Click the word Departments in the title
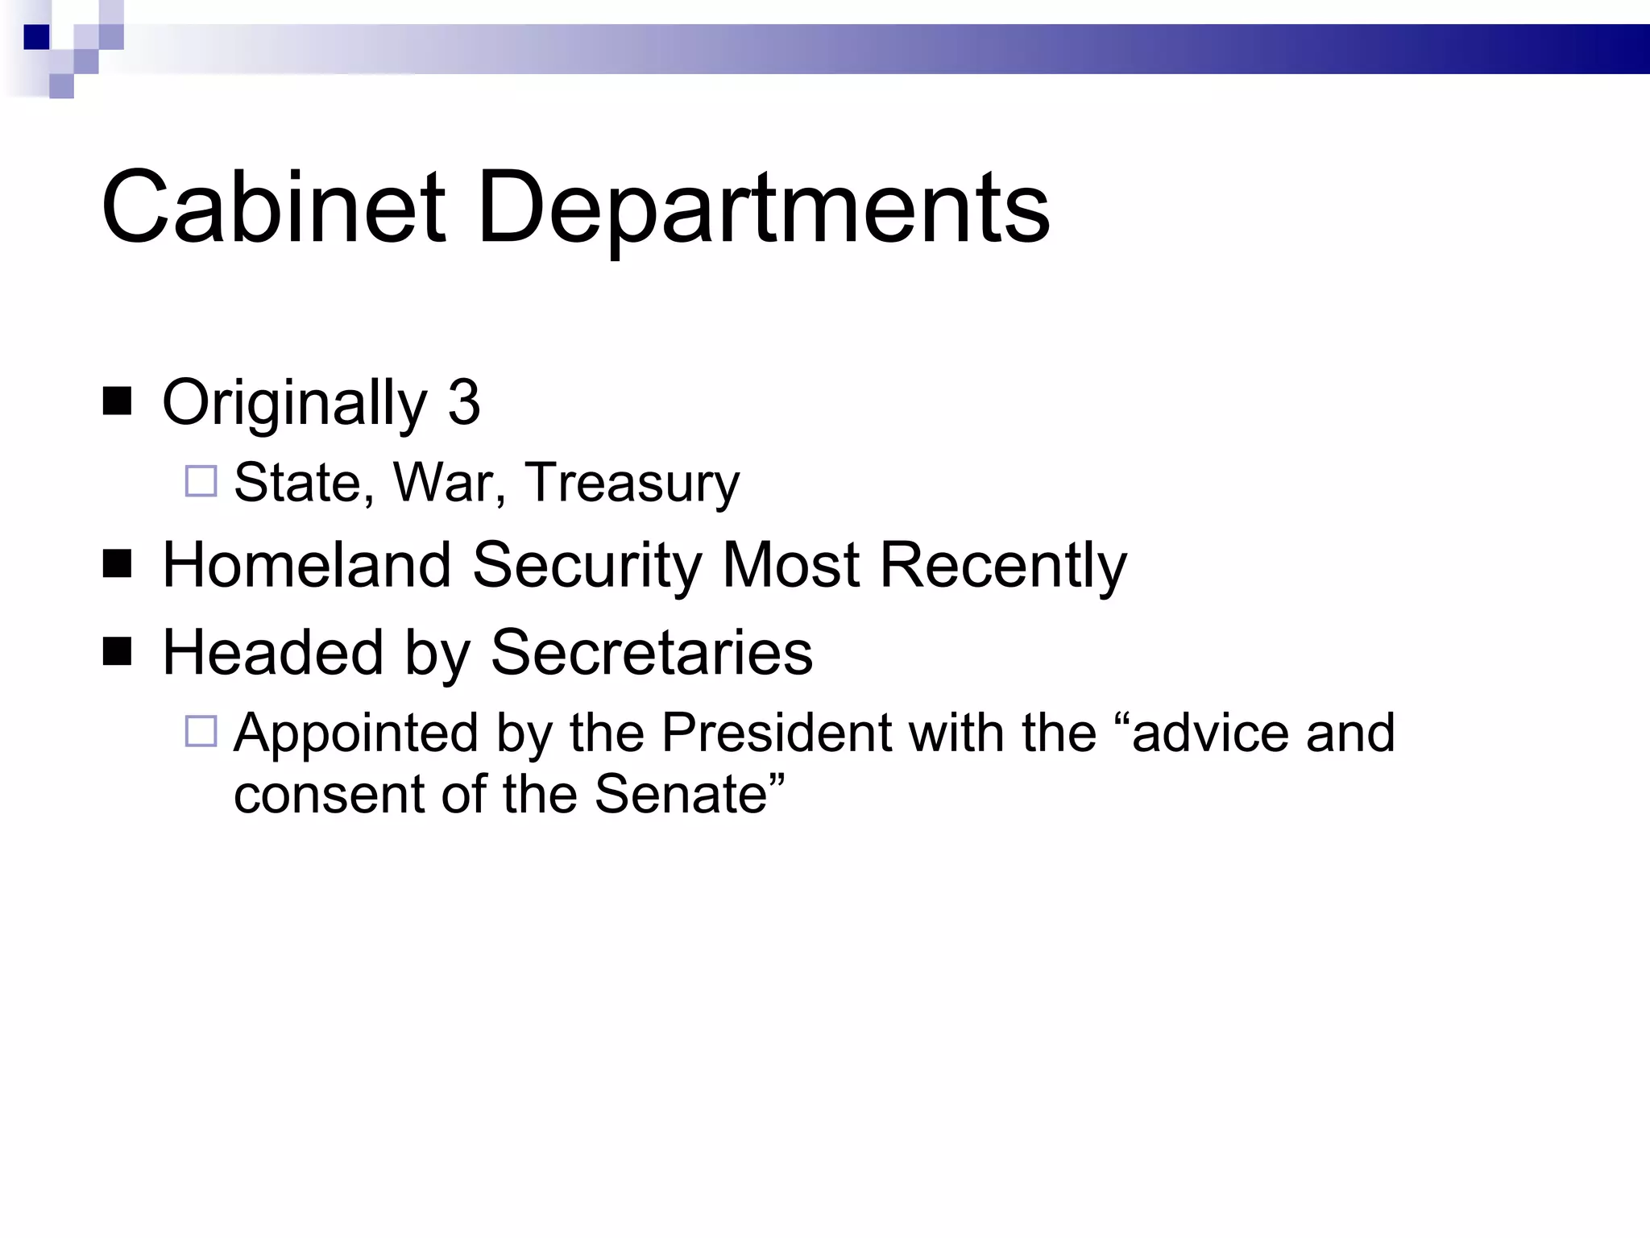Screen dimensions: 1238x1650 763,211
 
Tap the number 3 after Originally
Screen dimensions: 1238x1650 464,403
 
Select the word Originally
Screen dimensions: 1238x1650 295,405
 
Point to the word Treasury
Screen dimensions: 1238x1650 632,484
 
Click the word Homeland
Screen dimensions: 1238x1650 307,565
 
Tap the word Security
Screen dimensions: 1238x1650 587,567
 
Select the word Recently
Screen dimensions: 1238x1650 1003,567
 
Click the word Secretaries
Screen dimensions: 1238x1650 652,652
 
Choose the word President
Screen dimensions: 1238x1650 775,733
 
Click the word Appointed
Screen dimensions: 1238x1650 355,734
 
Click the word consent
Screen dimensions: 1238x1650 328,795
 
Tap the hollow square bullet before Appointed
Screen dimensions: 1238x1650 201,731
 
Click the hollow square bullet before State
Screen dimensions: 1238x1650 201,481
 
